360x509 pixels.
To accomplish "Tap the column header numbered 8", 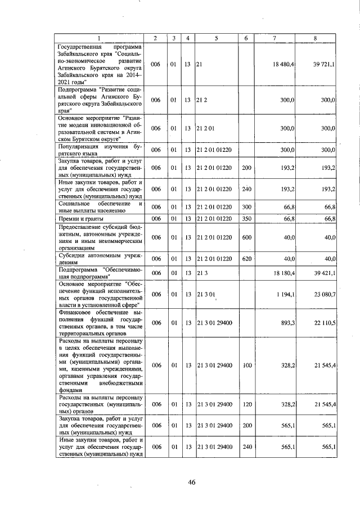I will click(316, 38).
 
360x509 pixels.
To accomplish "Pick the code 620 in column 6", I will click(246, 259).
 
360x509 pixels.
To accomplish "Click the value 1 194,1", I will click(285, 294).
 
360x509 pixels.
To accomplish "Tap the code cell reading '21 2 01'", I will click(205, 128).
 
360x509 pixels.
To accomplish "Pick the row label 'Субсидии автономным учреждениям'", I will click(99, 259).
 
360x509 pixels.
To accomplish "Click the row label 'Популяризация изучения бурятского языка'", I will click(99, 150).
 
